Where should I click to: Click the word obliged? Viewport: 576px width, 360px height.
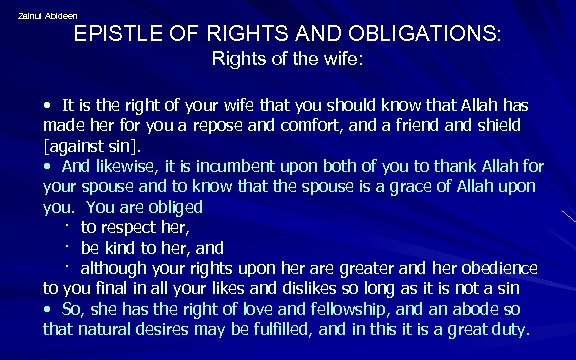point(175,207)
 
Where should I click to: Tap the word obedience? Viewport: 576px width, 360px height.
point(497,268)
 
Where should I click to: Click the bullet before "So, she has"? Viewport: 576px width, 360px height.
point(48,309)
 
